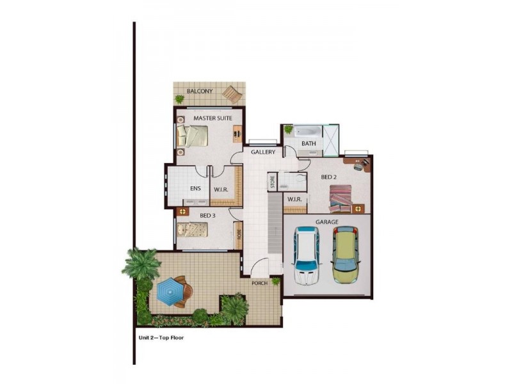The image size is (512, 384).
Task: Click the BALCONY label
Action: tap(199, 92)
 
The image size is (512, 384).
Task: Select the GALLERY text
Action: tap(262, 152)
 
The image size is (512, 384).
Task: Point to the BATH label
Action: tap(308, 143)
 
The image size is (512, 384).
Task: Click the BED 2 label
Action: tap(329, 177)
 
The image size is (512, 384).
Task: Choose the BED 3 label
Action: tap(207, 216)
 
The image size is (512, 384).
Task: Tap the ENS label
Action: tap(196, 189)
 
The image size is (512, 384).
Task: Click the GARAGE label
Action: tap(326, 222)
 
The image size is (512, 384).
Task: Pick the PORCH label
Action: tap(259, 282)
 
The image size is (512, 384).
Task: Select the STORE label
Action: tap(272, 181)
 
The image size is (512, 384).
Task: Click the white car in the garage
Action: tap(306, 257)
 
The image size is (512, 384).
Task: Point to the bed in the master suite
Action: tap(193, 136)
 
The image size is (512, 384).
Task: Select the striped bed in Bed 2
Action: tap(340, 197)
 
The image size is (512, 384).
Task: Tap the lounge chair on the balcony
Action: tap(232, 95)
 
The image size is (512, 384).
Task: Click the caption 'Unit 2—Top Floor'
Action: tap(161, 337)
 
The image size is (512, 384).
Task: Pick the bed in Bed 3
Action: tap(195, 229)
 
